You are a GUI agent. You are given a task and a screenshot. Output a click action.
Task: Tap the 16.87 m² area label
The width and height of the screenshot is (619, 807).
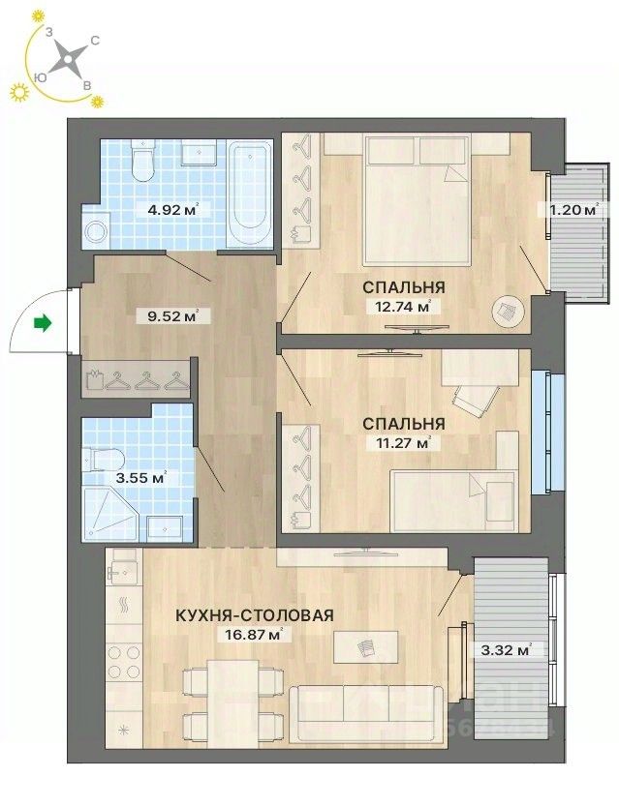262,635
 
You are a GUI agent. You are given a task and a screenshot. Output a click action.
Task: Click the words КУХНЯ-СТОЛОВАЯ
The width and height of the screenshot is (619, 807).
255,615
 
